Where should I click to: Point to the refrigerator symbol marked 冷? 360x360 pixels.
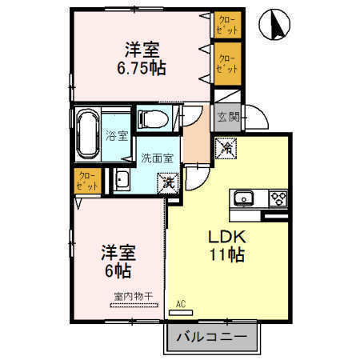pyautogui.click(x=226, y=147)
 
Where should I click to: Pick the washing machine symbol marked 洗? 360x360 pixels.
pyautogui.click(x=168, y=182)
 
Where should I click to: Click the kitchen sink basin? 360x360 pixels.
pyautogui.click(x=242, y=198)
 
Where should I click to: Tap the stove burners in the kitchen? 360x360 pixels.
pyautogui.click(x=277, y=198)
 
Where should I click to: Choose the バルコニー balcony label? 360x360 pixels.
pyautogui.click(x=212, y=337)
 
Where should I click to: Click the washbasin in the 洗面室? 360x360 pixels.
pyautogui.click(x=122, y=178)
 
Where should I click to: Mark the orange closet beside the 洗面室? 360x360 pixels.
pyautogui.click(x=86, y=181)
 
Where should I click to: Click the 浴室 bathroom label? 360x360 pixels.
pyautogui.click(x=117, y=135)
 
